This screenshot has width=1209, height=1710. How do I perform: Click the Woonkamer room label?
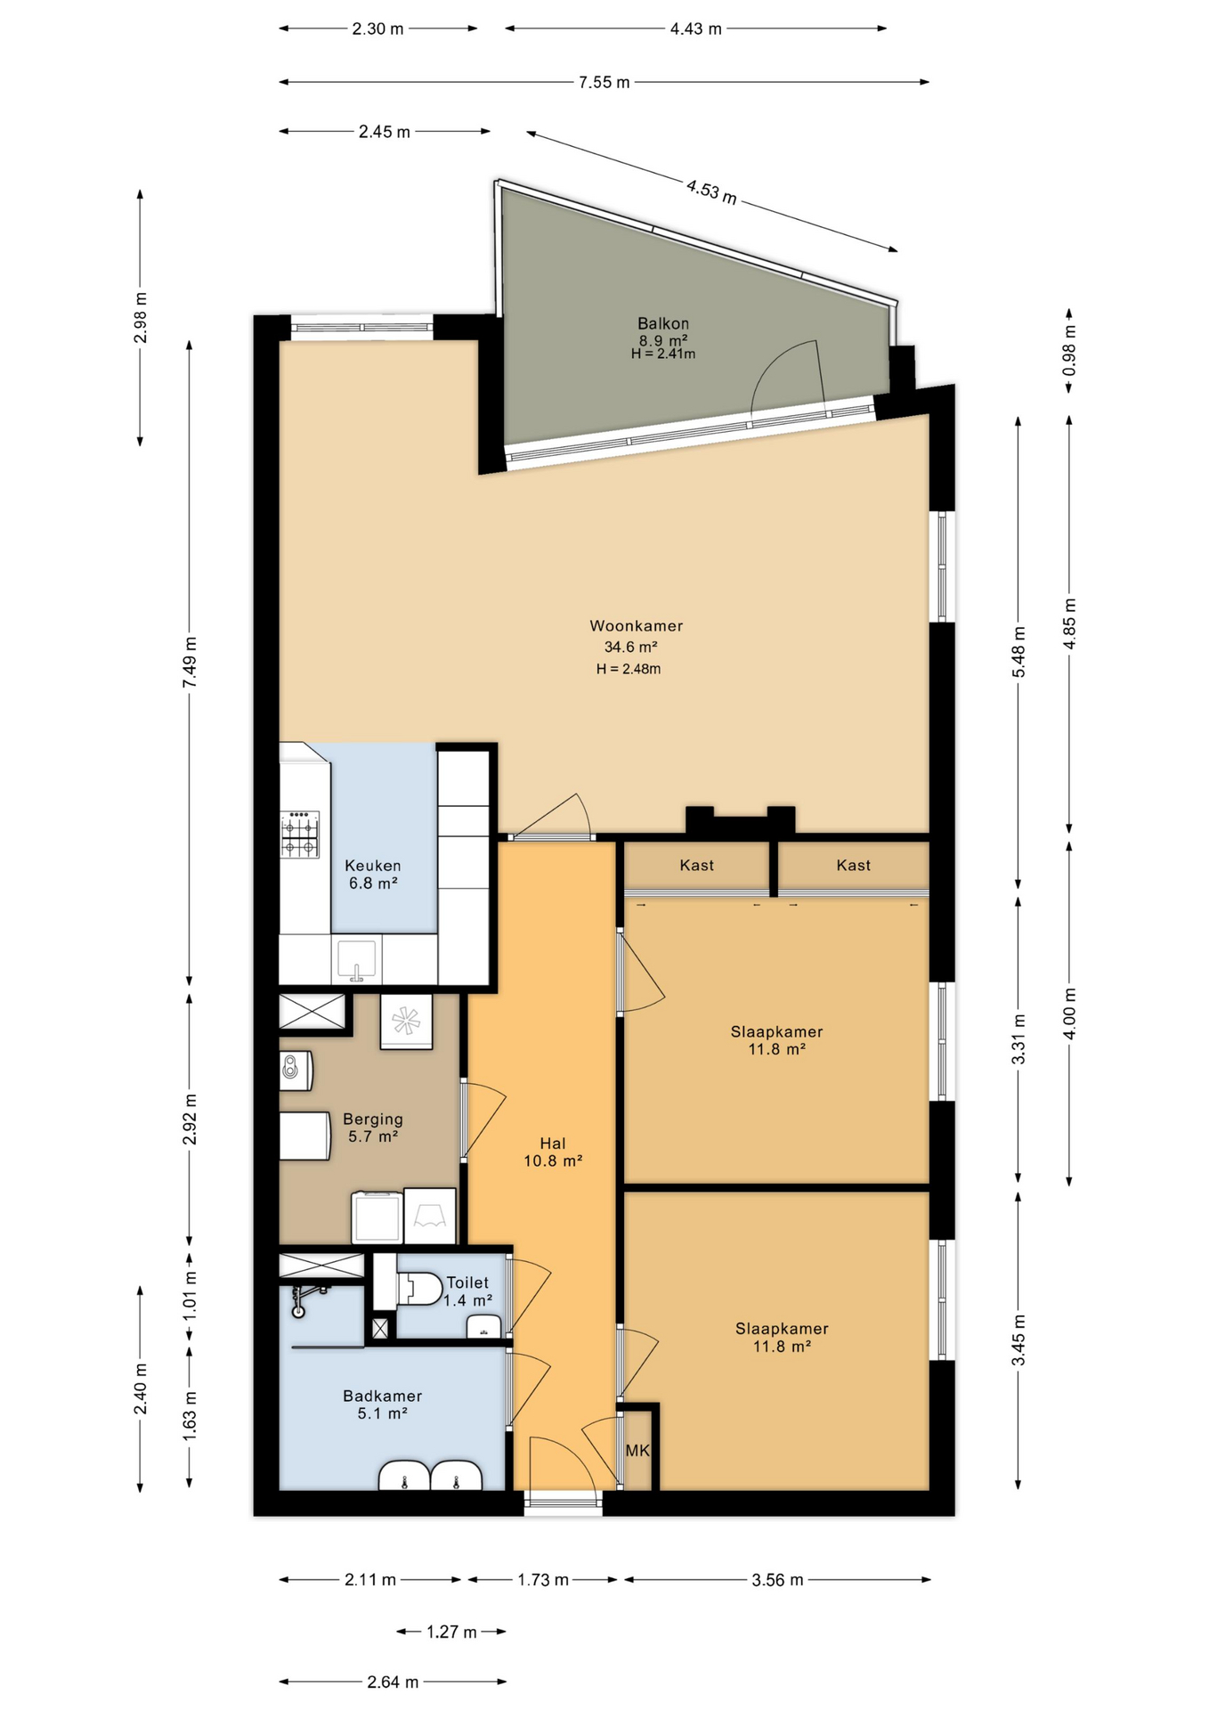pyautogui.click(x=636, y=626)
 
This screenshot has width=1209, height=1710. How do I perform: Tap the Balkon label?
pyautogui.click(x=663, y=323)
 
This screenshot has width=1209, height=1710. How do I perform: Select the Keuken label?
pyautogui.click(x=373, y=866)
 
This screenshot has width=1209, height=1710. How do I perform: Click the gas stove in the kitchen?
pyautogui.click(x=300, y=835)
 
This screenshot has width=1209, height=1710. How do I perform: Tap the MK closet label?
pyautogui.click(x=637, y=1451)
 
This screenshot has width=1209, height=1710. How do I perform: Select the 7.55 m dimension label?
pyautogui.click(x=604, y=83)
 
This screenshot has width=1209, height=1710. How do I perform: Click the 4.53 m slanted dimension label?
pyautogui.click(x=711, y=191)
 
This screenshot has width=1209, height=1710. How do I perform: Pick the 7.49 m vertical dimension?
pyautogui.click(x=190, y=662)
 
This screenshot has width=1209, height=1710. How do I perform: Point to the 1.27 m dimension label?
pyautogui.click(x=451, y=1632)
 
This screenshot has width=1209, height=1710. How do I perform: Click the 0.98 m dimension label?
pyautogui.click(x=1069, y=350)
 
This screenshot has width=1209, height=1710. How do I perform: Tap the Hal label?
pyautogui.click(x=553, y=1144)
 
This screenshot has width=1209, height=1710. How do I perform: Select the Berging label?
pyautogui.click(x=373, y=1120)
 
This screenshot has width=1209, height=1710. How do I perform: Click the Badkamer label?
pyautogui.click(x=383, y=1396)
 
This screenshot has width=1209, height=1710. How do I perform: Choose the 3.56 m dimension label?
pyautogui.click(x=778, y=1580)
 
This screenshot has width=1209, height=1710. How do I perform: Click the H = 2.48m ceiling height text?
pyautogui.click(x=629, y=669)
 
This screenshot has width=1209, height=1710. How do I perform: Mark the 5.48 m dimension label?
pyautogui.click(x=1018, y=652)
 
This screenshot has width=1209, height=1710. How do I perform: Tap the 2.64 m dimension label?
pyautogui.click(x=393, y=1682)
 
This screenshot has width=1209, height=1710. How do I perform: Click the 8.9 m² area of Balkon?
pyautogui.click(x=663, y=340)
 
